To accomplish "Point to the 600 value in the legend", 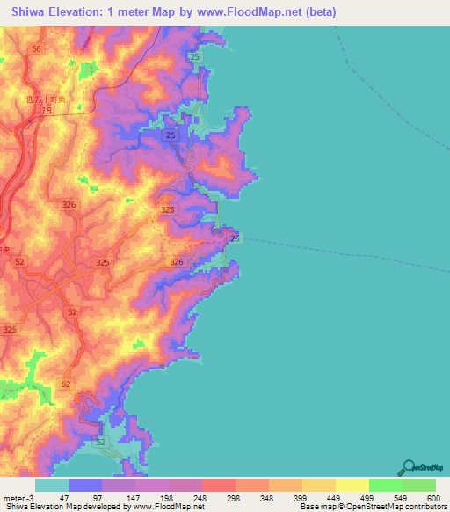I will (432, 497).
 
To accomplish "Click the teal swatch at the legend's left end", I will (52, 485).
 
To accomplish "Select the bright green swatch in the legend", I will (386, 485).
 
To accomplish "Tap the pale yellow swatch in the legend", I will (352, 485).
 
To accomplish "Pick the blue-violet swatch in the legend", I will (85, 485).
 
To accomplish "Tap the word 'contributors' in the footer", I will (424, 508).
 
